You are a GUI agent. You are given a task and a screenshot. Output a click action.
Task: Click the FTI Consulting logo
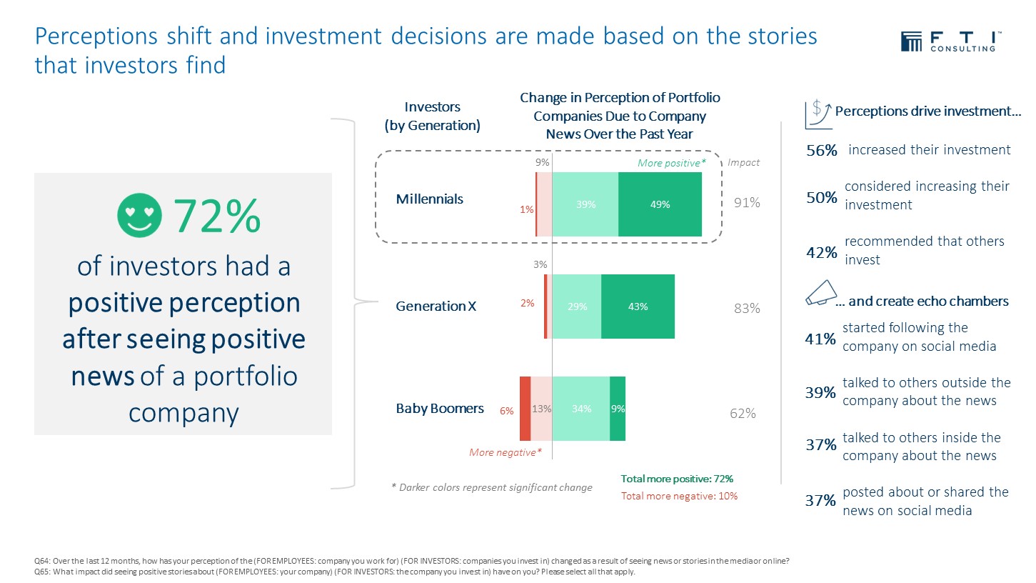pyautogui.click(x=950, y=41)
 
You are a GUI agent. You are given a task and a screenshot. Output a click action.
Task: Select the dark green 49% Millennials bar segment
pyautogui.click(x=660, y=205)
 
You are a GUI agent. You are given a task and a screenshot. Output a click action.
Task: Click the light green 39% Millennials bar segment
pyautogui.click(x=585, y=205)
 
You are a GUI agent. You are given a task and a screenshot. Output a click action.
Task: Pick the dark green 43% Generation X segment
pyautogui.click(x=638, y=307)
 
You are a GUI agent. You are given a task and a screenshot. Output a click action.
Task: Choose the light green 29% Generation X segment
pyautogui.click(x=577, y=307)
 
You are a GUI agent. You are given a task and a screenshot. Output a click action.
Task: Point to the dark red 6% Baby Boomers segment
pyautogui.click(x=525, y=409)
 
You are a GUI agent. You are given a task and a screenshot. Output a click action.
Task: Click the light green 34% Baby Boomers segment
pyautogui.click(x=581, y=409)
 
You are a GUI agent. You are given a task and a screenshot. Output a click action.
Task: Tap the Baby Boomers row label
pyautogui.click(x=440, y=409)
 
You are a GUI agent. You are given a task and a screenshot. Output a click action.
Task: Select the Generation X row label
pyautogui.click(x=436, y=307)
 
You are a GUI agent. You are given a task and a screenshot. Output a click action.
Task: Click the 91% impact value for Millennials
pyautogui.click(x=747, y=203)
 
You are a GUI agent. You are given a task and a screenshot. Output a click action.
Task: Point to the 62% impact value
pyautogui.click(x=743, y=413)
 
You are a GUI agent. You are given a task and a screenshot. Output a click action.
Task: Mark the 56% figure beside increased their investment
pyautogui.click(x=821, y=151)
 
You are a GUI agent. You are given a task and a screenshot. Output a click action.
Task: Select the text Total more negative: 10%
pyautogui.click(x=679, y=496)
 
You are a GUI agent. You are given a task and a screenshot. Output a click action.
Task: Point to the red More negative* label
pyautogui.click(x=506, y=452)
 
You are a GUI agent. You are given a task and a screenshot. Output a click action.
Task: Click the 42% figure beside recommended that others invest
pyautogui.click(x=821, y=253)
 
